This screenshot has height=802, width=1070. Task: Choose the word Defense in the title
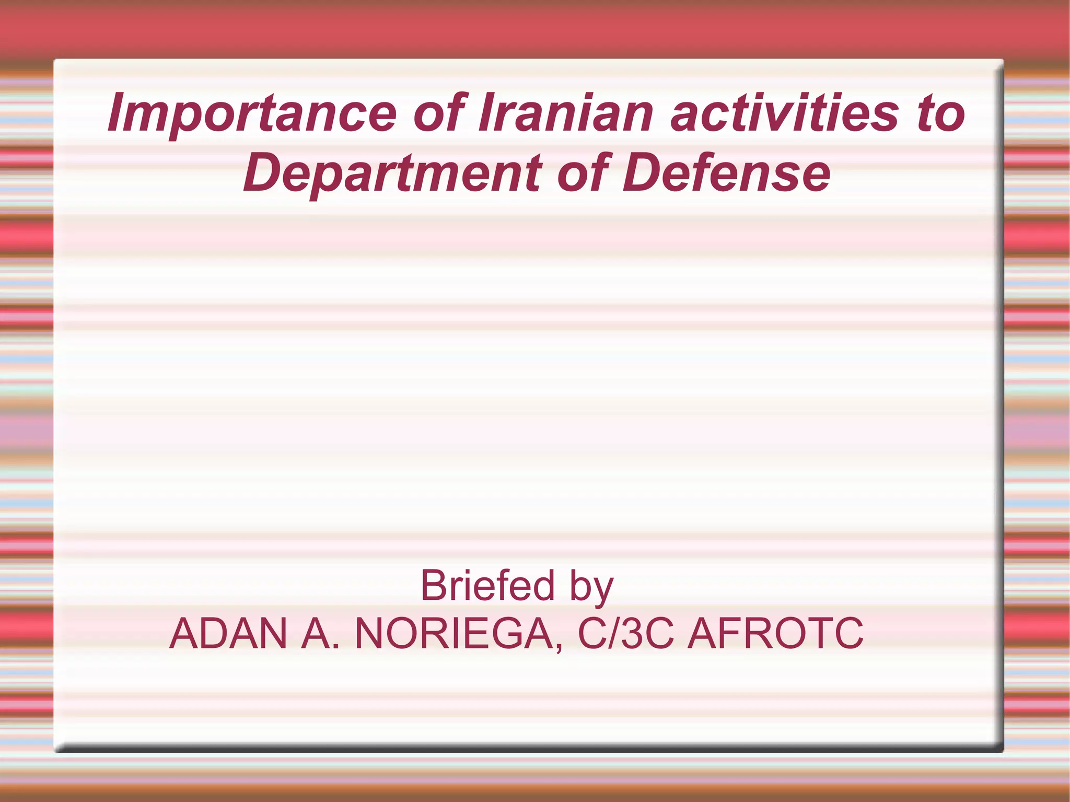(726, 173)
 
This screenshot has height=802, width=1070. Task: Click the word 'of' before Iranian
(439, 113)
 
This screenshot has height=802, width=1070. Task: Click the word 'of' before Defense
(583, 173)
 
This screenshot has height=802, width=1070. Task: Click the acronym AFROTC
(775, 634)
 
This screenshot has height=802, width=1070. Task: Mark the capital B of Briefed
(434, 586)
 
